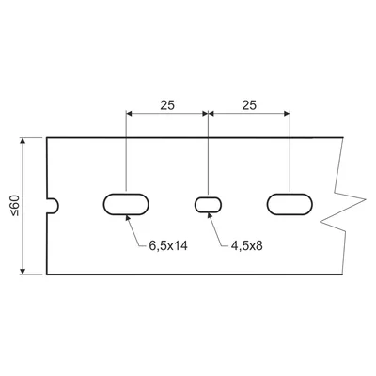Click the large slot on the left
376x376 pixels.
(126, 204)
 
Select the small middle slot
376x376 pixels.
(208, 204)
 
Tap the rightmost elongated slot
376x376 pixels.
(290, 204)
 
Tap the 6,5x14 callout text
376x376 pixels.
(169, 246)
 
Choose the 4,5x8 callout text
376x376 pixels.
(246, 246)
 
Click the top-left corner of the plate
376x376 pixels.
(46, 137)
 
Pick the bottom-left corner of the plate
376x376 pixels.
(46, 276)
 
